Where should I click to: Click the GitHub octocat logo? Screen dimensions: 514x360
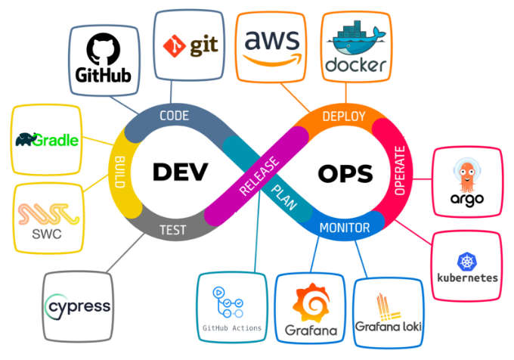coord(104,49)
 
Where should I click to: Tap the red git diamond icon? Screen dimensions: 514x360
coord(175,46)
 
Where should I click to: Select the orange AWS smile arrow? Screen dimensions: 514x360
coord(273,60)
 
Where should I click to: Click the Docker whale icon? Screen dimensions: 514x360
coord(356,39)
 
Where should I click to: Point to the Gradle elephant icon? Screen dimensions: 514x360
coord(25,139)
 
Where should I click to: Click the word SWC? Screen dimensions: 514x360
coord(47,234)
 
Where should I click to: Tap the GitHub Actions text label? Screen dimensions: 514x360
coord(232,328)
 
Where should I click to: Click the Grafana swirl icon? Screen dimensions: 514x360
coord(311,303)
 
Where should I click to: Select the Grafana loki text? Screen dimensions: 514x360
coord(389,327)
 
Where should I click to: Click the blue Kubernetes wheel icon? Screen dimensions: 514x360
coord(467,262)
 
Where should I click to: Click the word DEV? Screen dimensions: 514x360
coord(181,172)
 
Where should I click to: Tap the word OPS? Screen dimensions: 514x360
coord(345,173)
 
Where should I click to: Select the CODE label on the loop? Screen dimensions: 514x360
coord(174,116)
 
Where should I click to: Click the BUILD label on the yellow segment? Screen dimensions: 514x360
coord(120,172)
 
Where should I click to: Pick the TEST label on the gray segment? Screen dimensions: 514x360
coord(173,230)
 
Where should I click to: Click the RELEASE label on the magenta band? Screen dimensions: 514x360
coord(259,176)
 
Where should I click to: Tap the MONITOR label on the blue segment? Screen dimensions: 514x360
coord(345,228)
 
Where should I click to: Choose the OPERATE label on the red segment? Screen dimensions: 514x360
coord(400,170)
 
